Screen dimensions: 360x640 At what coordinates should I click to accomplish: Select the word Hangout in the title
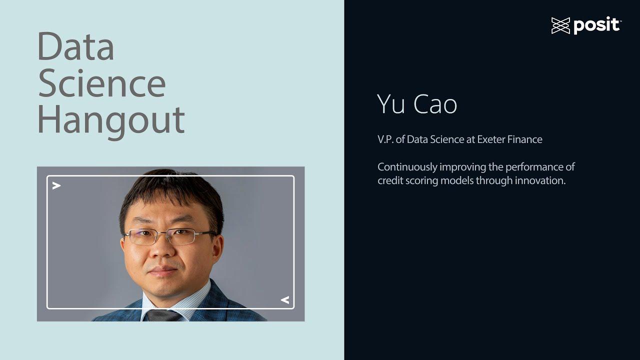[x=110, y=120]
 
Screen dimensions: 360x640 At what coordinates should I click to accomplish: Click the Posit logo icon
[x=560, y=25]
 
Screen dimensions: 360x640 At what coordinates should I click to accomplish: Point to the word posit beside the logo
[x=596, y=25]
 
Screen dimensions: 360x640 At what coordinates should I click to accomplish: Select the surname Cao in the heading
[x=435, y=104]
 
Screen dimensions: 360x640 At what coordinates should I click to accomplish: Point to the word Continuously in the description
[x=407, y=167]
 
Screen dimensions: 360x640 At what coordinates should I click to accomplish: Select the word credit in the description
[x=390, y=180]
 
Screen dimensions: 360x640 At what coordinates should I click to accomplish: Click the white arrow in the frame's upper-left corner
[x=56, y=186]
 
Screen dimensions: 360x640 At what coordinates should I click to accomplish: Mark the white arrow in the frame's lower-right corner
[x=284, y=300]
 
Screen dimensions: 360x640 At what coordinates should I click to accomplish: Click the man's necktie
[x=163, y=315]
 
